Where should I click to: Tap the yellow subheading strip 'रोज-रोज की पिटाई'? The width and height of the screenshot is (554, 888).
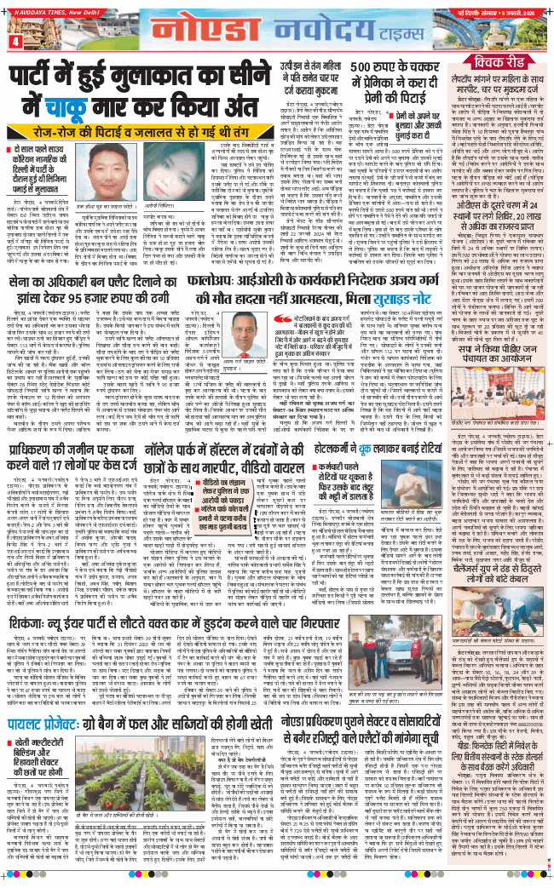tap(183, 129)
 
